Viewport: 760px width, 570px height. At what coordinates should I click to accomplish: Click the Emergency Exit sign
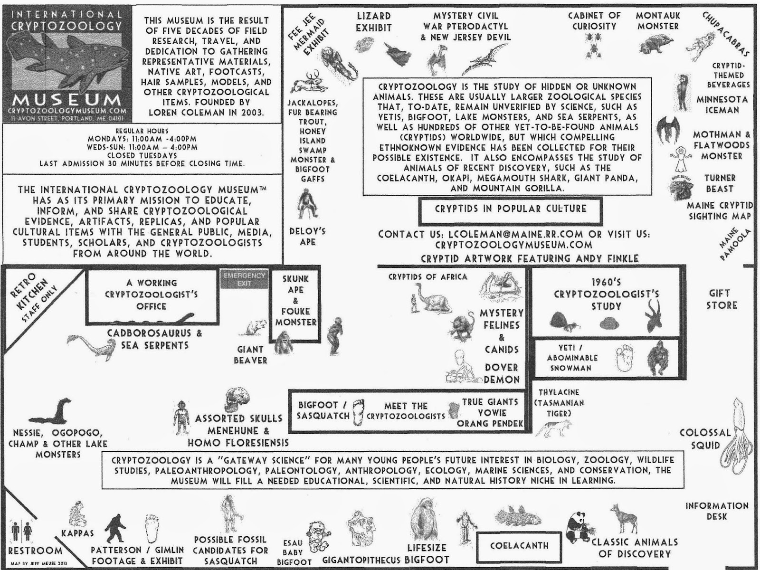(244, 279)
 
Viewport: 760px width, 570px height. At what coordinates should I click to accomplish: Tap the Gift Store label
(722, 299)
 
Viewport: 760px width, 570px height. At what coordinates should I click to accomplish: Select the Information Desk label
(717, 511)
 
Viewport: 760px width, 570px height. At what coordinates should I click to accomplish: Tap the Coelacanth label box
(519, 546)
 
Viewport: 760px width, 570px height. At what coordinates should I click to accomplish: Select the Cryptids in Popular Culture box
(511, 209)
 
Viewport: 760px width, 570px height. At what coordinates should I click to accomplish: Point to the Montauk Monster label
(658, 21)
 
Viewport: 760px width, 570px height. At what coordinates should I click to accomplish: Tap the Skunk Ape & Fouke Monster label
(295, 300)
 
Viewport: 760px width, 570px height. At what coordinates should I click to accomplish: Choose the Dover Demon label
(502, 373)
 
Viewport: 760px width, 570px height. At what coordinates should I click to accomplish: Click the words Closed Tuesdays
(142, 155)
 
